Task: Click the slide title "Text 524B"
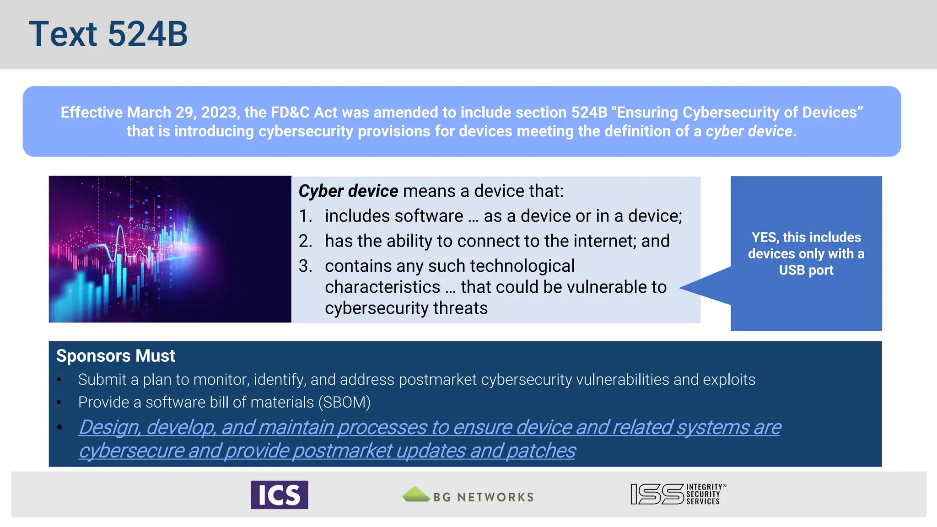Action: click(x=108, y=34)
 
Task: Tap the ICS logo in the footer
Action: click(x=279, y=495)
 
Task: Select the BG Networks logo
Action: click(x=468, y=496)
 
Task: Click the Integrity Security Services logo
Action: click(x=678, y=494)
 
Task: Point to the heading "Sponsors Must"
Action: click(x=115, y=356)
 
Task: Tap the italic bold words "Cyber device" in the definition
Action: click(x=348, y=191)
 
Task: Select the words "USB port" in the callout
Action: click(x=806, y=270)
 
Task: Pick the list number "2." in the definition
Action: click(x=305, y=241)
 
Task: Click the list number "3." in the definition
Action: click(x=305, y=266)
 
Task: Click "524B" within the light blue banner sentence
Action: click(x=589, y=113)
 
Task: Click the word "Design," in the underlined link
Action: click(x=109, y=428)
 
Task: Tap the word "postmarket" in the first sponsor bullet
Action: click(x=437, y=380)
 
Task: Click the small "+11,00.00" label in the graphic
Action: click(x=145, y=227)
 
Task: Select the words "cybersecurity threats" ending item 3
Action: click(x=406, y=308)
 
